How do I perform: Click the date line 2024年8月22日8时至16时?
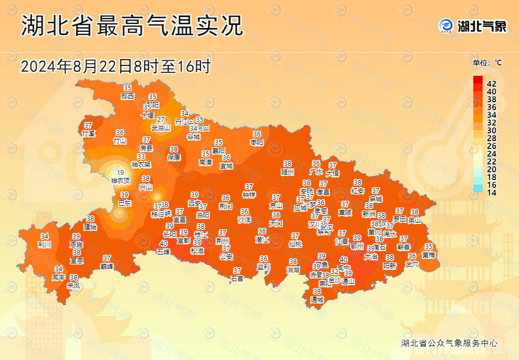115,66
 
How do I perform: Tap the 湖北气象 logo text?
482,26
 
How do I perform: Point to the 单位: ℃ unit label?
487,63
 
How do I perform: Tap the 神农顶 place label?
120,181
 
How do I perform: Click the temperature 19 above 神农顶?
120,173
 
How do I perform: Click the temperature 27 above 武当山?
161,120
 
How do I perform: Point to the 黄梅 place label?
429,255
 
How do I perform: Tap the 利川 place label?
45,244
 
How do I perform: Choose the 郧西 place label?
128,96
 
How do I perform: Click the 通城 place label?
317,299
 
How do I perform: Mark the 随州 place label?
288,171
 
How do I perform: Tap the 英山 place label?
415,220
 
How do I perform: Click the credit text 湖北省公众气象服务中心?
449,343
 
